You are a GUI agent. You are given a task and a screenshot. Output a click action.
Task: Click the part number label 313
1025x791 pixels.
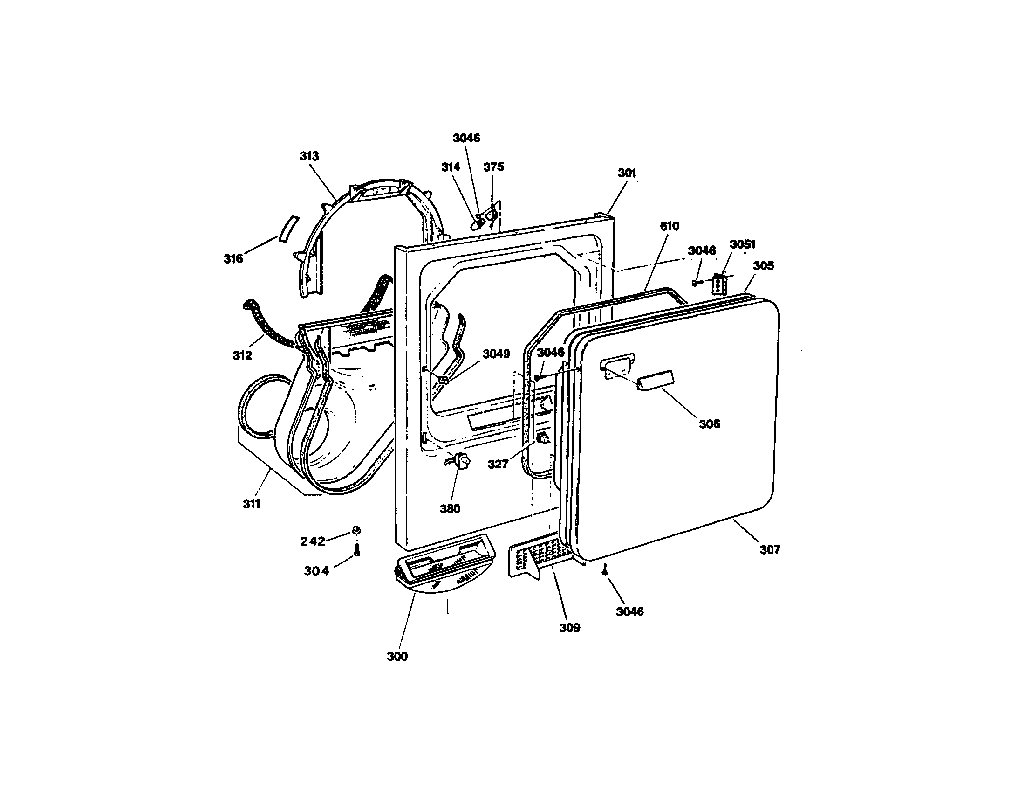pyautogui.click(x=309, y=156)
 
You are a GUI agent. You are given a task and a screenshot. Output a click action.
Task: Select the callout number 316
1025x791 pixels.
pyautogui.click(x=233, y=258)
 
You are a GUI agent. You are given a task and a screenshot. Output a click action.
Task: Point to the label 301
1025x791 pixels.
pyautogui.click(x=627, y=173)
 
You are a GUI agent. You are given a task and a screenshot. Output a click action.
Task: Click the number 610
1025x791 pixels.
pyautogui.click(x=670, y=226)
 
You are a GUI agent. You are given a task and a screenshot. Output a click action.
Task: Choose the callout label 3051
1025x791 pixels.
pyautogui.click(x=743, y=244)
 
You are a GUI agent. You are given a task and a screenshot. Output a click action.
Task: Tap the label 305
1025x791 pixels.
pyautogui.click(x=764, y=265)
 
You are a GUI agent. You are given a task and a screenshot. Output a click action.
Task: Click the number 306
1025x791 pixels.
pyautogui.click(x=710, y=423)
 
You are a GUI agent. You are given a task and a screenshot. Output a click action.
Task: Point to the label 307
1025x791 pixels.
pyautogui.click(x=770, y=549)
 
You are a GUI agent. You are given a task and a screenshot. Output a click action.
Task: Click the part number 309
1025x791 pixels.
pyautogui.click(x=569, y=628)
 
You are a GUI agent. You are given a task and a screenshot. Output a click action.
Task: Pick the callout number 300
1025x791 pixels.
pyautogui.click(x=397, y=657)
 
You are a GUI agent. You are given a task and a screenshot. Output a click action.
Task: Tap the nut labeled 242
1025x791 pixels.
pyautogui.click(x=356, y=531)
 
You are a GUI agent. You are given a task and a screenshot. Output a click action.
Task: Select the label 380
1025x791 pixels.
pyautogui.click(x=450, y=508)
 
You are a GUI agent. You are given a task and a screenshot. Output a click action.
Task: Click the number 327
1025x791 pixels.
pyautogui.click(x=498, y=464)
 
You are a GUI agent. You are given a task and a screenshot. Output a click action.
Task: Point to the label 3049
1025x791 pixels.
pyautogui.click(x=497, y=354)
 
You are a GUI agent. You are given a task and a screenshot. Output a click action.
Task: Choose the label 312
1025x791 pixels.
pyautogui.click(x=243, y=355)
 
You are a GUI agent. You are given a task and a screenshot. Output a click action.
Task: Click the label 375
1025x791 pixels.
pyautogui.click(x=494, y=167)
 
